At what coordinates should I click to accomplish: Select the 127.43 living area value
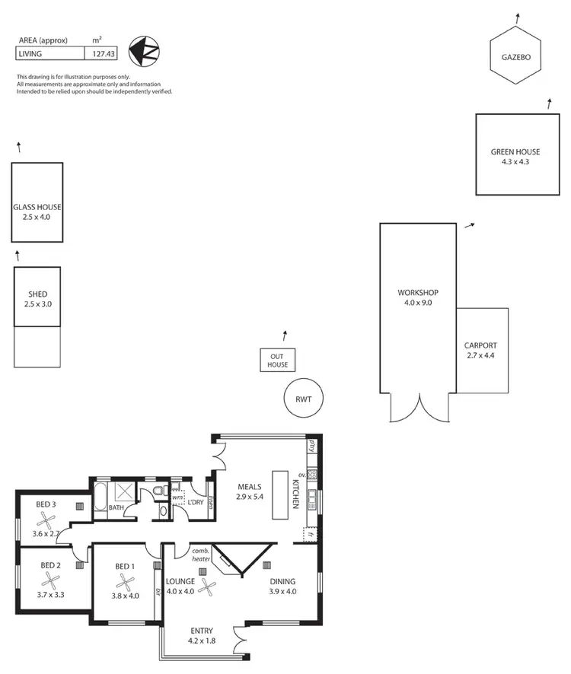click(x=101, y=53)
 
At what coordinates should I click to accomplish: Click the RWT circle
click(x=304, y=399)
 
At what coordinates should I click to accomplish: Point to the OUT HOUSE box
click(x=277, y=360)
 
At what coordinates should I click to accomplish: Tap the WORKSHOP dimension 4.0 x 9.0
click(x=417, y=302)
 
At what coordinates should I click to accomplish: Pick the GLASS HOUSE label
click(x=37, y=207)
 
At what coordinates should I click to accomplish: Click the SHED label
click(x=37, y=294)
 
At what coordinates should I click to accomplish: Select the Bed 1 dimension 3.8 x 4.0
click(x=126, y=596)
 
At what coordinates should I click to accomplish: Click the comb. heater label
click(x=200, y=555)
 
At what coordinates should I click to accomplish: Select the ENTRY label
click(x=203, y=631)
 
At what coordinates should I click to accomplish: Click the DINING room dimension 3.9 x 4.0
click(x=282, y=591)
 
